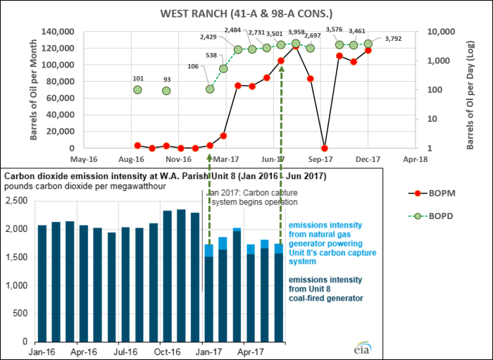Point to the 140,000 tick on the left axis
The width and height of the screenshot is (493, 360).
[x=57, y=32]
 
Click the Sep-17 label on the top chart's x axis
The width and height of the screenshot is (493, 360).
[x=324, y=160]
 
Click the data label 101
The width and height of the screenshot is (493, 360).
[x=138, y=78]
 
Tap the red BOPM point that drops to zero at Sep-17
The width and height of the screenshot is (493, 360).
[x=324, y=148]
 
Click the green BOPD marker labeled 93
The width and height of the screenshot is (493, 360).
[x=166, y=91]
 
